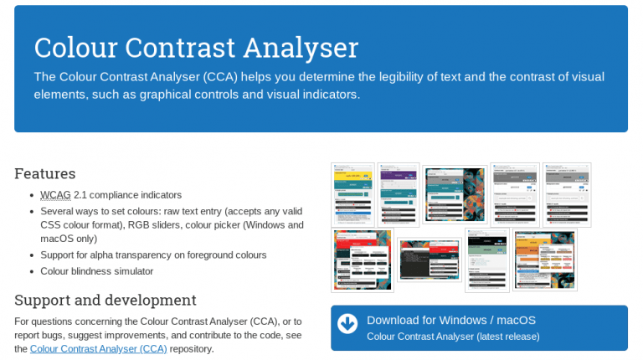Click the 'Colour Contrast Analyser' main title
tap(196, 46)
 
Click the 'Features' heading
tap(45, 174)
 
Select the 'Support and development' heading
tap(105, 300)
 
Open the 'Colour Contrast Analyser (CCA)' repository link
tap(98, 349)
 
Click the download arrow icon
tap(347, 323)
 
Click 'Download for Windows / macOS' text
tap(450, 320)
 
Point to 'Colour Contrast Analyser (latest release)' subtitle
tap(453, 337)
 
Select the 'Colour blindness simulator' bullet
tap(97, 271)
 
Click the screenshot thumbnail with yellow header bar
tap(352, 194)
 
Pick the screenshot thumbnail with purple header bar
tap(398, 194)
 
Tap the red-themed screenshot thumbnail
tap(362, 260)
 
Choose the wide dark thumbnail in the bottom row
tap(428, 260)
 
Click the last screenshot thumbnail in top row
tap(567, 194)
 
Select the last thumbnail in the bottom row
tap(544, 260)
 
